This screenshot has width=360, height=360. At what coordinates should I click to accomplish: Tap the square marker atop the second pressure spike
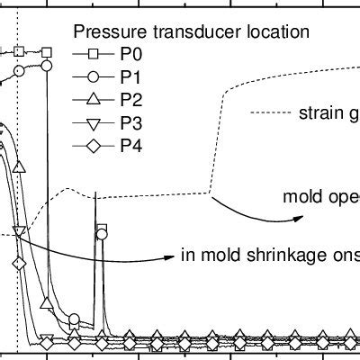click(102, 229)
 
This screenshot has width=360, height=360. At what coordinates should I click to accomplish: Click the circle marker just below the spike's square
click(102, 236)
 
